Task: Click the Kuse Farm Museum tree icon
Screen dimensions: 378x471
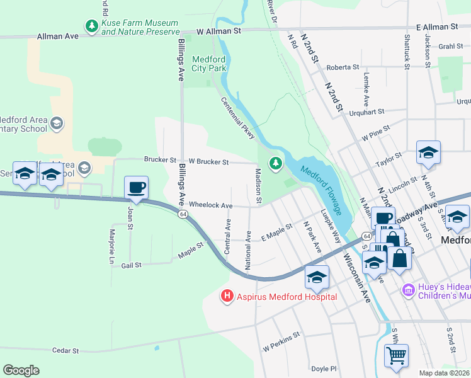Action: [x=93, y=26]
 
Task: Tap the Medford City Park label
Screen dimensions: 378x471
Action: [x=208, y=63]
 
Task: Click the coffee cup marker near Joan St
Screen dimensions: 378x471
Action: [x=136, y=187]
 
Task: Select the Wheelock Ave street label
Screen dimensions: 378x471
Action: [x=211, y=205]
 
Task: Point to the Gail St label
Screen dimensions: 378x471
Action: [x=131, y=266]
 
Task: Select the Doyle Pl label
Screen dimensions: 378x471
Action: [x=325, y=369]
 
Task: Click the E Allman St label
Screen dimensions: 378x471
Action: [x=436, y=27]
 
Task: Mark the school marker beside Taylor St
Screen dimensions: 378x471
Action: [x=428, y=152]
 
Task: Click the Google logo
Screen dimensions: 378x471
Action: [x=21, y=370]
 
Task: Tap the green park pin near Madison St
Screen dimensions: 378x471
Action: [x=275, y=164]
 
